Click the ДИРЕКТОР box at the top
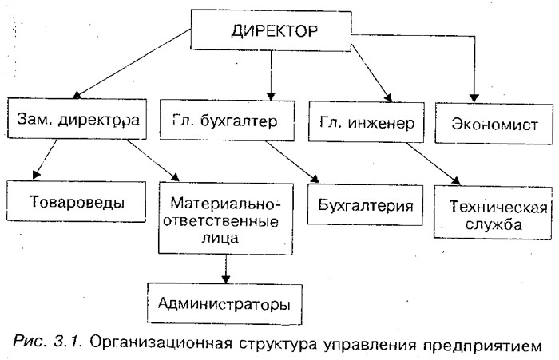point(271,30)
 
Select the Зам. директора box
point(77,119)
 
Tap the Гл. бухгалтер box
point(227,121)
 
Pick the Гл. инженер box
point(367,122)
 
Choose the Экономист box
point(494,124)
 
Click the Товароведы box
point(77,201)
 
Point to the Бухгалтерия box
point(365,204)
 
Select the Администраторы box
point(224,303)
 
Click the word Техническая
point(498,207)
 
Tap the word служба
point(494,224)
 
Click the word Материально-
point(226,204)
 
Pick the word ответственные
point(221,221)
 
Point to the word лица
point(220,238)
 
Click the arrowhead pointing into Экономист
point(474,98)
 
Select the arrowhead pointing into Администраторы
point(225,279)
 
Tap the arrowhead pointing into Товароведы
point(35,175)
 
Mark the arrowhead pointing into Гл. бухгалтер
point(271,97)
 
